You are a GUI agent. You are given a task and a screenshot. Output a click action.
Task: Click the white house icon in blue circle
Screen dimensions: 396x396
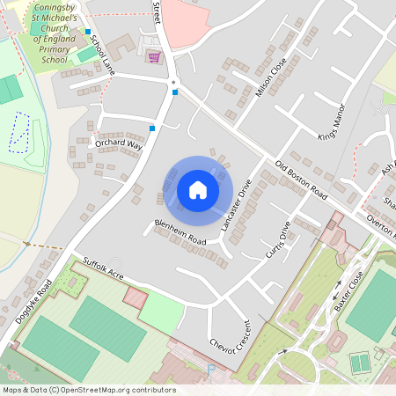tap(198, 190)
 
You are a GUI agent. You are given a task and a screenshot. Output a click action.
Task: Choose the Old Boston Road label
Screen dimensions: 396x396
tap(301, 179)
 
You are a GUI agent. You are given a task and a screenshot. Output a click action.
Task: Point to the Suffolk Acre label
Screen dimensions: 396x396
tap(104, 268)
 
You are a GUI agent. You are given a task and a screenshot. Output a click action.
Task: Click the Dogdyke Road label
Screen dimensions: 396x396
tap(34, 301)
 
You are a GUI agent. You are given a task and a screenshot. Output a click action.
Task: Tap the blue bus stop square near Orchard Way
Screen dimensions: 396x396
tap(153, 128)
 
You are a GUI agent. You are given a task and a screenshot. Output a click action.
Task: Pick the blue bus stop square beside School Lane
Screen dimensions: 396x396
tap(88, 33)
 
